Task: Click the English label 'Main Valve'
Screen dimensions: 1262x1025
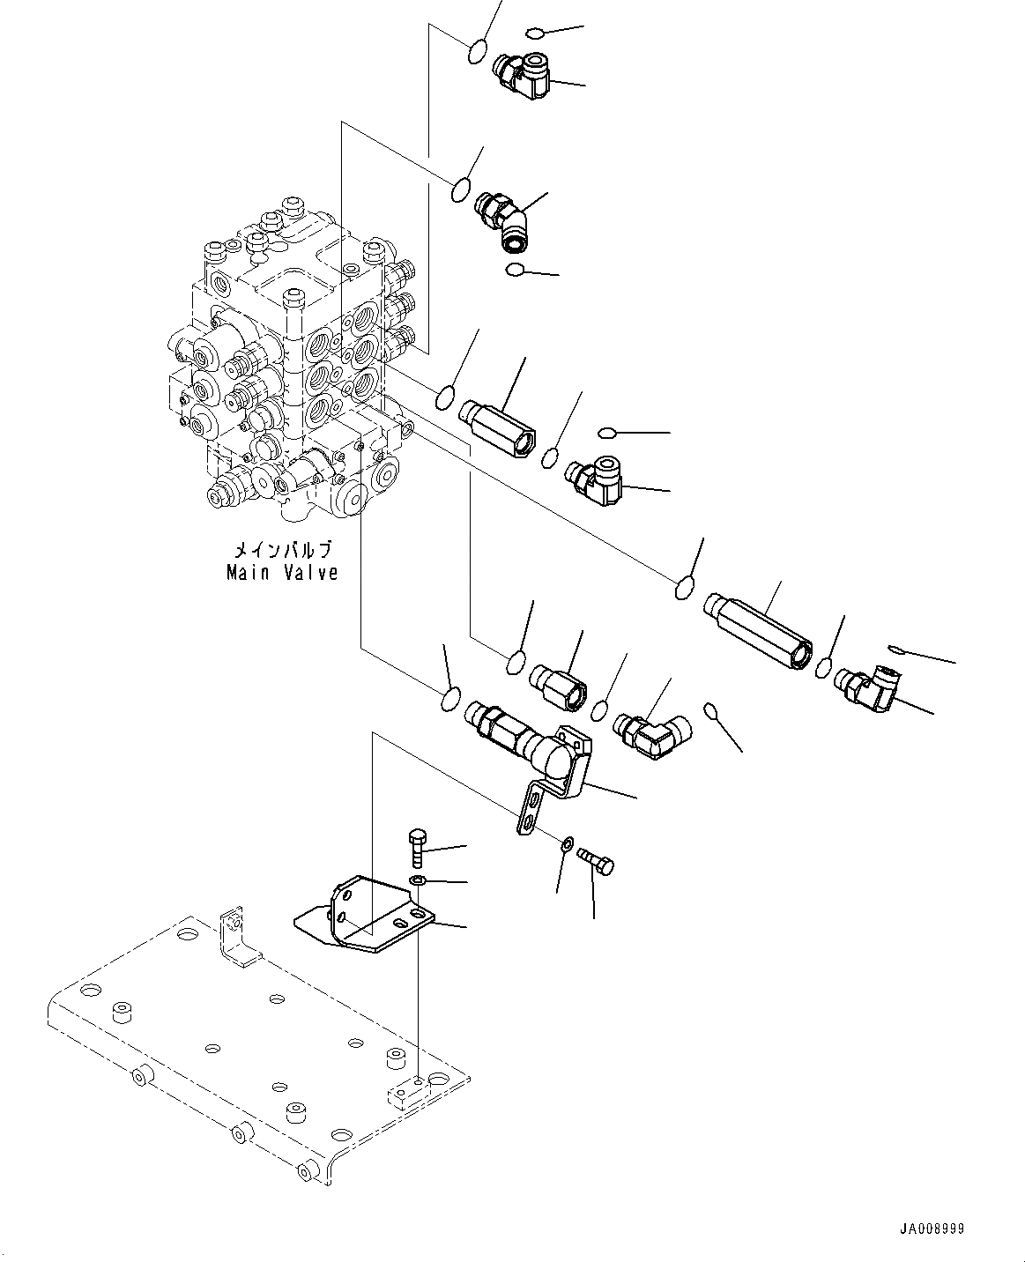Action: (282, 573)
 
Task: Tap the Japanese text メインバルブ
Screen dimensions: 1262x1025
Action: (282, 552)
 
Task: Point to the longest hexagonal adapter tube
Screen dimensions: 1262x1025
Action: (759, 627)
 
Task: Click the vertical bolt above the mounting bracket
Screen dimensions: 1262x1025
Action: (417, 849)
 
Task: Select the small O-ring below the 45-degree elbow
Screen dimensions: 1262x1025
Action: (516, 269)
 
